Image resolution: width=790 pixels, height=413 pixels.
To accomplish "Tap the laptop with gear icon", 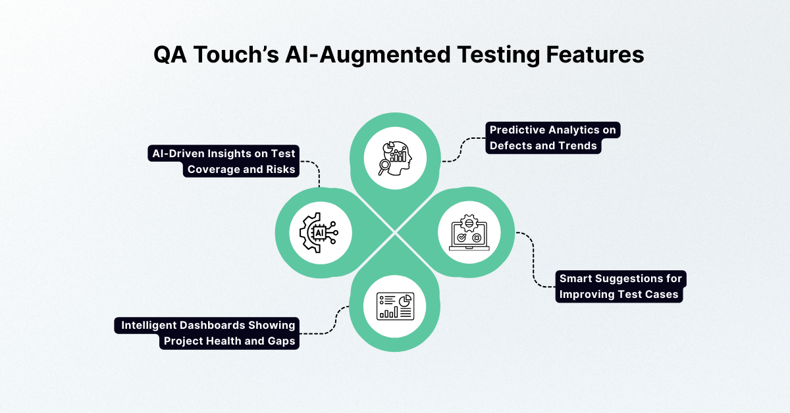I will (469, 233).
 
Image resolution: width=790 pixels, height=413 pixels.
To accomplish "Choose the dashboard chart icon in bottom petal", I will (395, 306).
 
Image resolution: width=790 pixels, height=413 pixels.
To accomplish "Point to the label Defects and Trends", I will (544, 146).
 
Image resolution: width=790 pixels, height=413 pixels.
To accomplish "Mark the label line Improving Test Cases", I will (618, 295).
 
